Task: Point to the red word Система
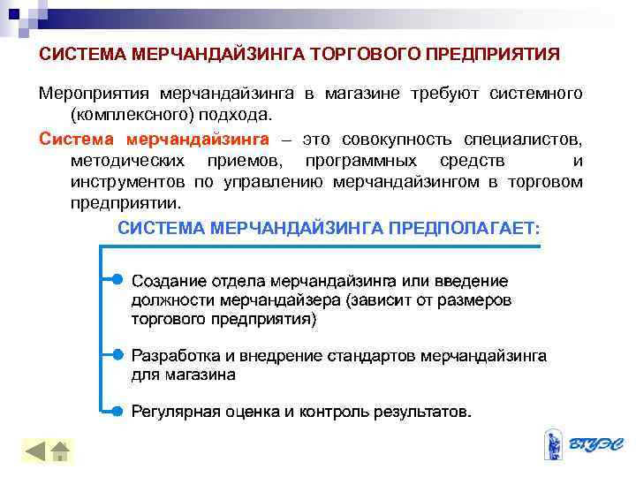pyautogui.click(x=77, y=139)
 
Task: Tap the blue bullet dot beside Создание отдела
pyautogui.click(x=117, y=280)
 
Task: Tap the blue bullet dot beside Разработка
pyautogui.click(x=117, y=354)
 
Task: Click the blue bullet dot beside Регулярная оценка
pyautogui.click(x=117, y=411)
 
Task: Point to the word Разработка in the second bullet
pyautogui.click(x=174, y=355)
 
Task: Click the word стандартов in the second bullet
pyautogui.click(x=373, y=355)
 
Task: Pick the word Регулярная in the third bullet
pyautogui.click(x=173, y=412)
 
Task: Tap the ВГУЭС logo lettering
pyautogui.click(x=594, y=443)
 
